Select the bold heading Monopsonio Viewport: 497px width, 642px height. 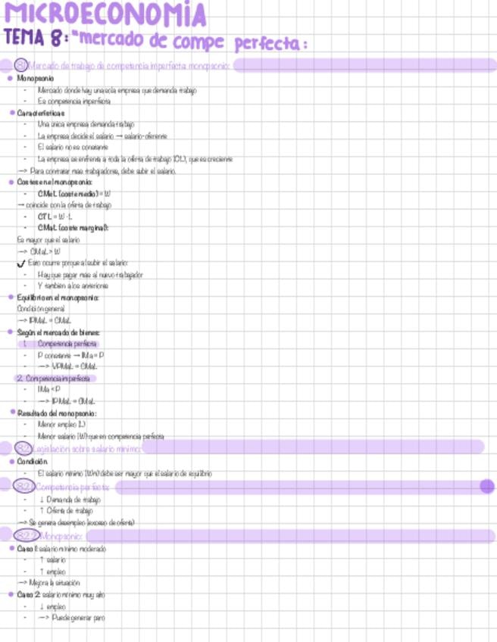tap(36, 78)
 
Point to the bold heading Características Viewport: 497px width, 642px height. tap(42, 113)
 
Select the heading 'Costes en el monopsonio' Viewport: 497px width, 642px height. tap(55, 182)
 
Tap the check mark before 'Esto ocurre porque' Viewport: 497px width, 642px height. tap(21, 263)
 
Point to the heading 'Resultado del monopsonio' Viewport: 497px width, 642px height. tap(57, 413)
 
